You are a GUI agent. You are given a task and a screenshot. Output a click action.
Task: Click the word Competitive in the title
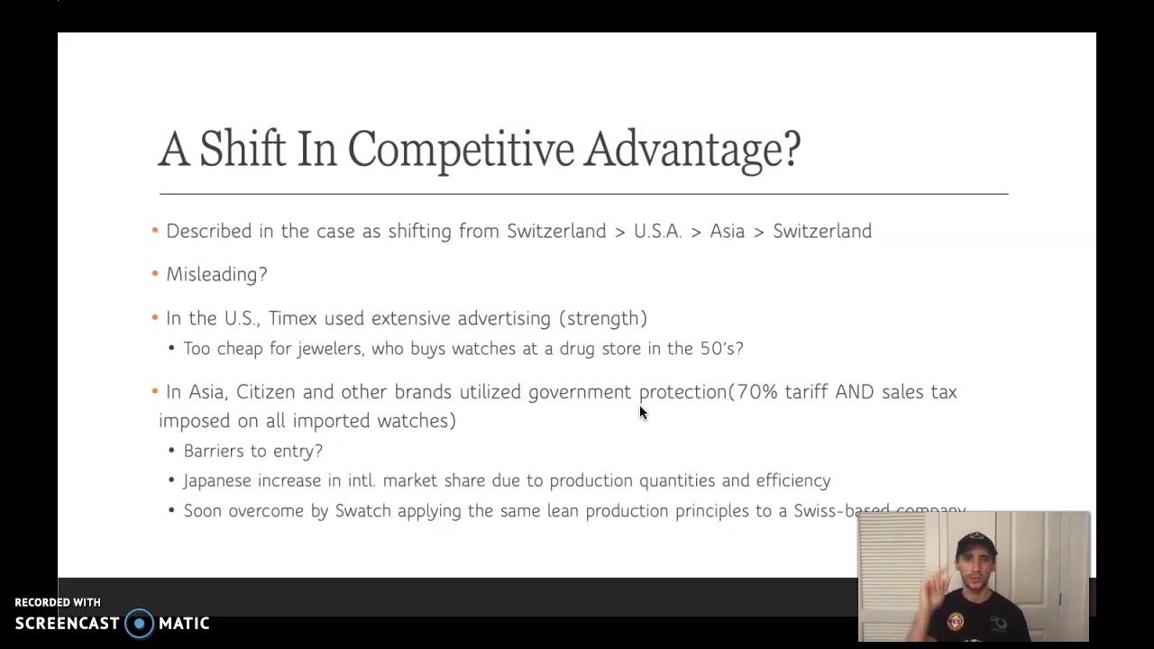tap(460, 150)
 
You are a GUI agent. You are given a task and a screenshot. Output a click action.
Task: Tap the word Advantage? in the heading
tap(691, 150)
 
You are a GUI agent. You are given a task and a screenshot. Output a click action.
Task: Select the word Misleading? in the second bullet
tap(216, 275)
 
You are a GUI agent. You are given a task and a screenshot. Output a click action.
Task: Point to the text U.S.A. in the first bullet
tap(657, 232)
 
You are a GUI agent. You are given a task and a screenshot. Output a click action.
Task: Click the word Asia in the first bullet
tap(727, 232)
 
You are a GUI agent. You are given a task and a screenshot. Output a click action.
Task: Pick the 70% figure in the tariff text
tap(757, 392)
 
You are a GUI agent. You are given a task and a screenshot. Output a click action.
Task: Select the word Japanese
tap(217, 481)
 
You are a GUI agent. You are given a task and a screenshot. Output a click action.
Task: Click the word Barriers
tap(213, 451)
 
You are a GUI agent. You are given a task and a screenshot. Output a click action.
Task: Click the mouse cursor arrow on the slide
tap(643, 413)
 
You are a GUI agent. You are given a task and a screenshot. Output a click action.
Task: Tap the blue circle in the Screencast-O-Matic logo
tap(139, 624)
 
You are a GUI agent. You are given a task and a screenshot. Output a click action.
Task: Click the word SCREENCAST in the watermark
tap(68, 624)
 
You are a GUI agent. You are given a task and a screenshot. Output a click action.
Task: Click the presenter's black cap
tap(975, 544)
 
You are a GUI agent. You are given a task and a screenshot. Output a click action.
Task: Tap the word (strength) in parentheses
tap(602, 318)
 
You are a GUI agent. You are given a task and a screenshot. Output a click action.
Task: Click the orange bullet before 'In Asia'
tap(155, 392)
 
